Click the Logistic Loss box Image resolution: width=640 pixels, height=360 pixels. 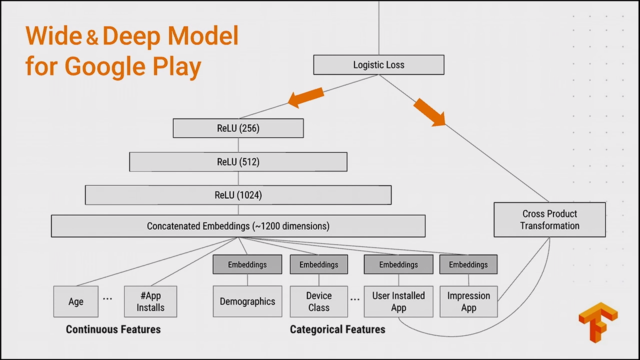click(378, 65)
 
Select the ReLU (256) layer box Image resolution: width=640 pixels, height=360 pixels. click(238, 128)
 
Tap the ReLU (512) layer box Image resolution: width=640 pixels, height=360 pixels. click(238, 162)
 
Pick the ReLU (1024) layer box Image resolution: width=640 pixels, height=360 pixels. click(238, 195)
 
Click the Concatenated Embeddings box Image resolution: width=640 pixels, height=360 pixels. click(238, 226)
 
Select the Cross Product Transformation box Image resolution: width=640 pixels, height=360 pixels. click(549, 219)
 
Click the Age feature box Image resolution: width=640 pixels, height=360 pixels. click(76, 301)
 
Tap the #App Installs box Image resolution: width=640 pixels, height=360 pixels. click(150, 301)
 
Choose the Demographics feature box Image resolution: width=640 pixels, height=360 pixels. click(247, 301)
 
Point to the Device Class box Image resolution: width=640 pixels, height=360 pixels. click(318, 301)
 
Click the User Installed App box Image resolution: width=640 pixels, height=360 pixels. click(398, 301)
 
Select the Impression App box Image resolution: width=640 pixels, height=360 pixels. click(468, 301)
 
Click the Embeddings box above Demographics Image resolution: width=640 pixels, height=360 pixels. click(247, 264)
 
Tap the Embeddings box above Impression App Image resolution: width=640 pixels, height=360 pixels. click(468, 264)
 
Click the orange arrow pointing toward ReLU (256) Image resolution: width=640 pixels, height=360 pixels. click(306, 97)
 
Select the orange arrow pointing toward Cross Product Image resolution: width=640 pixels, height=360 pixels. click(429, 112)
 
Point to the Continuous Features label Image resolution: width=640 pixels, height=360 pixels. click(113, 329)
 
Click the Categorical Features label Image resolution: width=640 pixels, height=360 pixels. click(337, 329)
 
